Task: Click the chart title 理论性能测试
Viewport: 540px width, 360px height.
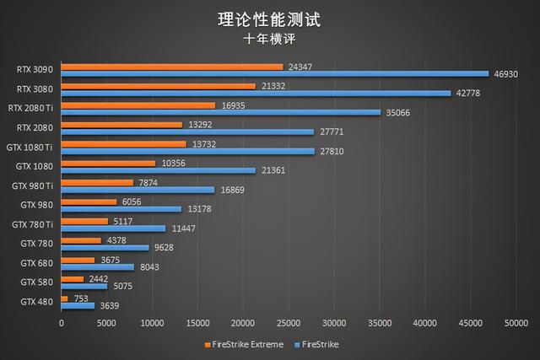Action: click(x=270, y=18)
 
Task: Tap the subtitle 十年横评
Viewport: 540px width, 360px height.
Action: click(x=270, y=38)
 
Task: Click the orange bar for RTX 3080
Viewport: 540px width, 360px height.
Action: click(x=158, y=86)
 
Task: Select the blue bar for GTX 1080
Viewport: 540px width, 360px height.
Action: click(x=158, y=170)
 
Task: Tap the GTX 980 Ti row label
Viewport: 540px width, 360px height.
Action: click(x=32, y=185)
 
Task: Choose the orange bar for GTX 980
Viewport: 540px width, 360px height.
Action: click(x=89, y=201)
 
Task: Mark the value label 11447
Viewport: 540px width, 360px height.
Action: click(x=182, y=228)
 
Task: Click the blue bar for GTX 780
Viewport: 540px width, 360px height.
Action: click(x=105, y=248)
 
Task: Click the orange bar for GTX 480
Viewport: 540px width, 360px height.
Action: click(x=64, y=298)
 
